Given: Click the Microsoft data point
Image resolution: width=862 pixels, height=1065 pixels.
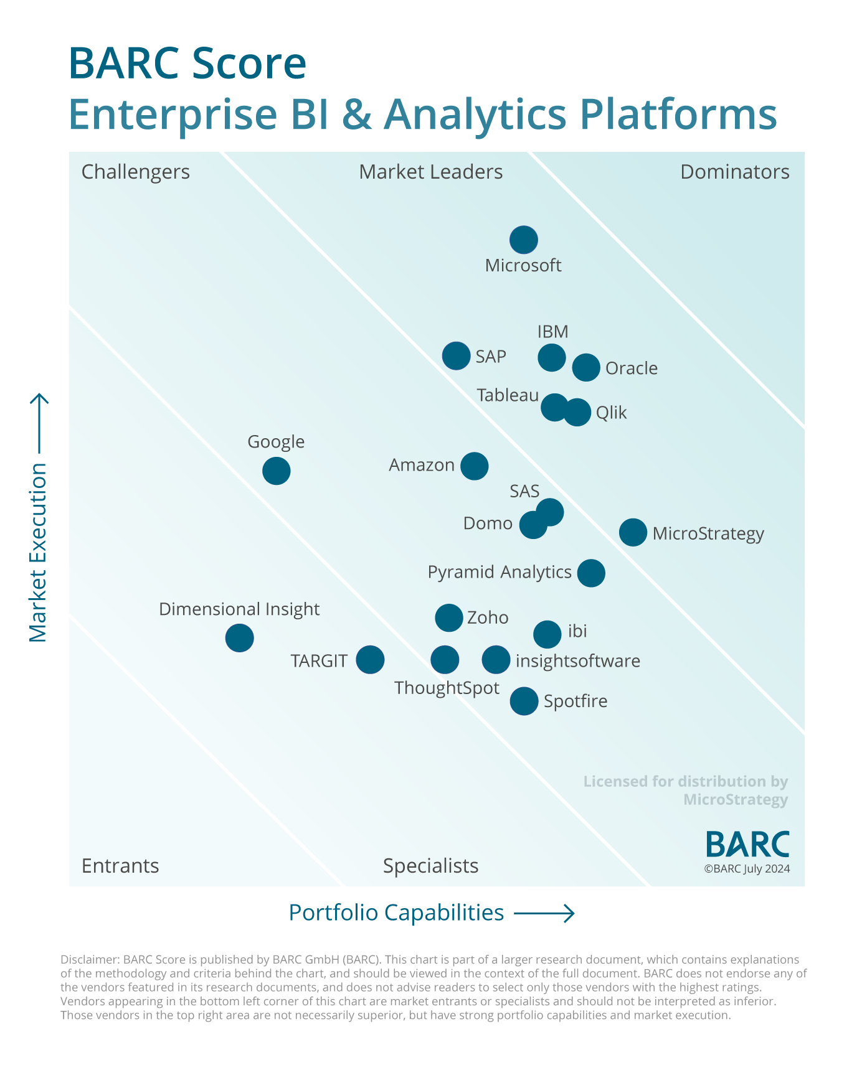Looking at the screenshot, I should tap(524, 240).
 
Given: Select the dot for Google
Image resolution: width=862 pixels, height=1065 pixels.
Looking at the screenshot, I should tap(277, 471).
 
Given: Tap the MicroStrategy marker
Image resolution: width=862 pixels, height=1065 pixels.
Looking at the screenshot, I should tap(633, 532).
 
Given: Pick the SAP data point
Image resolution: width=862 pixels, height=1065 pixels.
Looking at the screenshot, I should tap(457, 356).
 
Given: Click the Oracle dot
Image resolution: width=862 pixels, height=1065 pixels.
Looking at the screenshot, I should tap(586, 367).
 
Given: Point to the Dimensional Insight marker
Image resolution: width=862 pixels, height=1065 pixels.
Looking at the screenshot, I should tap(240, 638).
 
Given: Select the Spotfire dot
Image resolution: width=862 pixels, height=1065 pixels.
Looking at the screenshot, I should tap(524, 701).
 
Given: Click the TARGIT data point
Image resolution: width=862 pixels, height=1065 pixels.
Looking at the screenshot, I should tap(371, 659).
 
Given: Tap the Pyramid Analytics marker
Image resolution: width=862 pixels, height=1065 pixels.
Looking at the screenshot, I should tap(591, 573).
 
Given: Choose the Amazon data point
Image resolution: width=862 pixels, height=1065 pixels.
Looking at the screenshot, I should tap(475, 466).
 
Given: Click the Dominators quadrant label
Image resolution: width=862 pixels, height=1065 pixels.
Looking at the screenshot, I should tap(734, 172).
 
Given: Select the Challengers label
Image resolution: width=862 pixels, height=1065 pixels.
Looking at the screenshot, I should tap(136, 172).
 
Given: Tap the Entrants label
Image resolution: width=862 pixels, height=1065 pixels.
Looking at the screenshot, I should tap(120, 866).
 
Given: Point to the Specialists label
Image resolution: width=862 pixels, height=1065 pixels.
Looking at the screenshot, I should tap(430, 866).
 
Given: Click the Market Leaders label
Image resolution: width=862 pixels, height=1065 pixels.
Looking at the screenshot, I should tap(430, 172).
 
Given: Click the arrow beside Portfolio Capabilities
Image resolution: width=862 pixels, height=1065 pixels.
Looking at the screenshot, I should tap(544, 913).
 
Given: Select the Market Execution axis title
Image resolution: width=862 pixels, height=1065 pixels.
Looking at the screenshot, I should tap(38, 552).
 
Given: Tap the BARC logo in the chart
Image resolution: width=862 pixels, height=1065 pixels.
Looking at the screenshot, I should tap(747, 845).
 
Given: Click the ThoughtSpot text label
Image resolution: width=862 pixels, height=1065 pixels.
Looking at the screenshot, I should tap(447, 688).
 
